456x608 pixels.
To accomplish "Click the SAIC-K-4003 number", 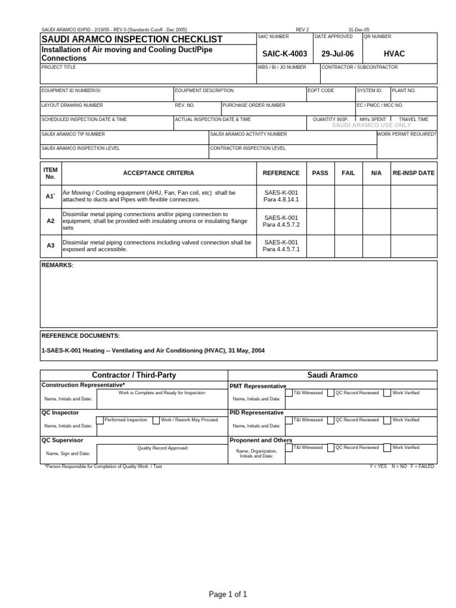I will [284, 54].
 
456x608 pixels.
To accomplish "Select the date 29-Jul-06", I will [337, 54].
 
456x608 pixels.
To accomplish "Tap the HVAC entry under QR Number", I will [394, 54].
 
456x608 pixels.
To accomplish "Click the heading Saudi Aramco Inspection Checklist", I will [132, 39].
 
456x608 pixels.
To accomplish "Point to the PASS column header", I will [320, 173].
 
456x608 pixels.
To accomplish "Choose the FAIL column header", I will [349, 173].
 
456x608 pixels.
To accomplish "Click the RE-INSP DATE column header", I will [414, 173].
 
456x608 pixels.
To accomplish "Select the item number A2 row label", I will [50, 220].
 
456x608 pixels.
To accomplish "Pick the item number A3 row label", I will [50, 245].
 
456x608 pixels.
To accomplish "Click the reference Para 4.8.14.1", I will [281, 200].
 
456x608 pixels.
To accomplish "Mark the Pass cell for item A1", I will [320, 196].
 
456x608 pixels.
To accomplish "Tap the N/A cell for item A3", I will [376, 245].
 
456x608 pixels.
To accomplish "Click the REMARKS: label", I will [58, 265].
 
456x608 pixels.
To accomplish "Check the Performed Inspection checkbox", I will [100, 420].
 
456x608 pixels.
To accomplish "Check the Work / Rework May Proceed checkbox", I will [156, 420].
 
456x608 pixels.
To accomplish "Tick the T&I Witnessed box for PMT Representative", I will [289, 393].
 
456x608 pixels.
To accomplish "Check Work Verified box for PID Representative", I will [387, 420].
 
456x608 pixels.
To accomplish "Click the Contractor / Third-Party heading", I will [134, 375].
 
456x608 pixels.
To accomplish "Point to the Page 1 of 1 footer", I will [228, 594].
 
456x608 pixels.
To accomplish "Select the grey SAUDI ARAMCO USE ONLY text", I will [371, 125].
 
